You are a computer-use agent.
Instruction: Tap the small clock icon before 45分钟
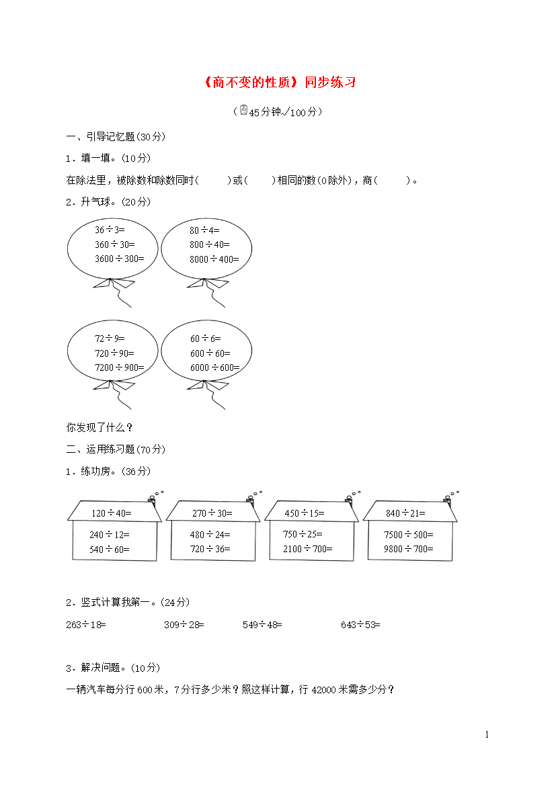click(244, 110)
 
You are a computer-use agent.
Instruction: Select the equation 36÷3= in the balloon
click(110, 230)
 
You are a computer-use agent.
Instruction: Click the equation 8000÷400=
click(214, 259)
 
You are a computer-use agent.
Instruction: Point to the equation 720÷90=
click(114, 353)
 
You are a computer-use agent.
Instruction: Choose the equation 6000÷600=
click(214, 367)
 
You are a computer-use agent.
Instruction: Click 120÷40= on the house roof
click(112, 513)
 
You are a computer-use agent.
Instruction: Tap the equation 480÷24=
click(210, 535)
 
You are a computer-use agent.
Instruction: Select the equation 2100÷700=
click(308, 549)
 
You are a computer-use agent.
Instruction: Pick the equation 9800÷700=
click(409, 549)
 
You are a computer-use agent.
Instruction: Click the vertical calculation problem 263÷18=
click(86, 625)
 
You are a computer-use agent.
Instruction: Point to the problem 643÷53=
click(360, 625)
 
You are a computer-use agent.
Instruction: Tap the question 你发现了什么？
click(100, 427)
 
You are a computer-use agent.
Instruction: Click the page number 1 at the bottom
click(487, 734)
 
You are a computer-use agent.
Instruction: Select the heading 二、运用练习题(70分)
click(116, 449)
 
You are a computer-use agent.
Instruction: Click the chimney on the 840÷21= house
click(447, 498)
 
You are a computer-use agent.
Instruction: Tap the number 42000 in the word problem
click(323, 690)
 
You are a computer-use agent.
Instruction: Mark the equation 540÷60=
click(110, 550)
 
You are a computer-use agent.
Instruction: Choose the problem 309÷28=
click(184, 625)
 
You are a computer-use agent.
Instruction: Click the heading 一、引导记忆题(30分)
click(116, 137)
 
